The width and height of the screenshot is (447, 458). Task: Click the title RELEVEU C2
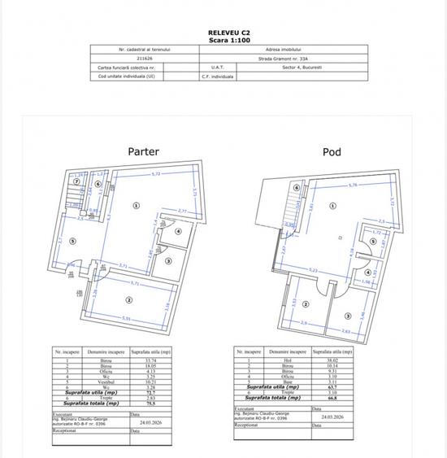[x=223, y=33]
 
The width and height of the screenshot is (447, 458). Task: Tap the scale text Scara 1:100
[x=223, y=40]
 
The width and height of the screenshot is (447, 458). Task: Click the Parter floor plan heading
[x=143, y=151]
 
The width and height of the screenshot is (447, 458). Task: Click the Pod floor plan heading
[x=332, y=151]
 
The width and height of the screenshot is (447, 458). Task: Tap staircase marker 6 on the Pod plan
[x=297, y=188]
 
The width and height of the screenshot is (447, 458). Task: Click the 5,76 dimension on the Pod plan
[x=352, y=185]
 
